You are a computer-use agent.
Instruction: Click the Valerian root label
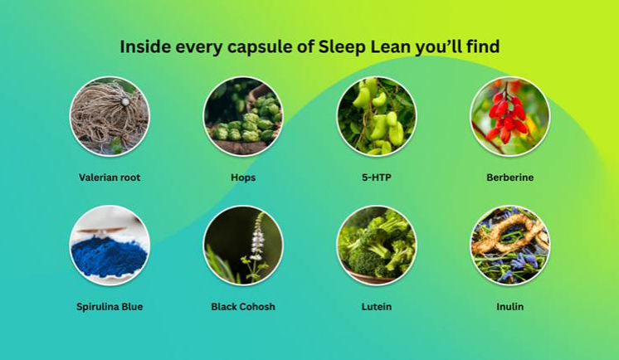point(110,178)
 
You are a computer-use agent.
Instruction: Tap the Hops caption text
point(243,178)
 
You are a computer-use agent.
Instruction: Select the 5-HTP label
point(377,178)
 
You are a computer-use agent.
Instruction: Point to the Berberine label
point(510,178)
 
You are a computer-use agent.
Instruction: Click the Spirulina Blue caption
point(110,307)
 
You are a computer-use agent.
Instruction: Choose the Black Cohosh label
point(243,307)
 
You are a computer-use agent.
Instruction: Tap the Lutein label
point(377,307)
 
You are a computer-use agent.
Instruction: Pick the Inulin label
point(510,307)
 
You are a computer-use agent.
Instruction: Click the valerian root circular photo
point(110,116)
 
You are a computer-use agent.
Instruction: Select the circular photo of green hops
point(243,116)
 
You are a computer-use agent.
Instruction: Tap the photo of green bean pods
point(377,116)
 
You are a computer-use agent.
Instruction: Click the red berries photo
point(510,116)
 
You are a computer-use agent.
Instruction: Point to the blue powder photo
point(110,246)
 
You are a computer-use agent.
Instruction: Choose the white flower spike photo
point(243,246)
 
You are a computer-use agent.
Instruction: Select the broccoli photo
point(377,246)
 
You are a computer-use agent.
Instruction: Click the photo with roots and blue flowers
point(510,246)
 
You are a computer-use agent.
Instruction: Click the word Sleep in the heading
point(343,47)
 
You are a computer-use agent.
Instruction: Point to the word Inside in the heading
point(145,46)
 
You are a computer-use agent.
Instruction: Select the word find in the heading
point(483,46)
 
